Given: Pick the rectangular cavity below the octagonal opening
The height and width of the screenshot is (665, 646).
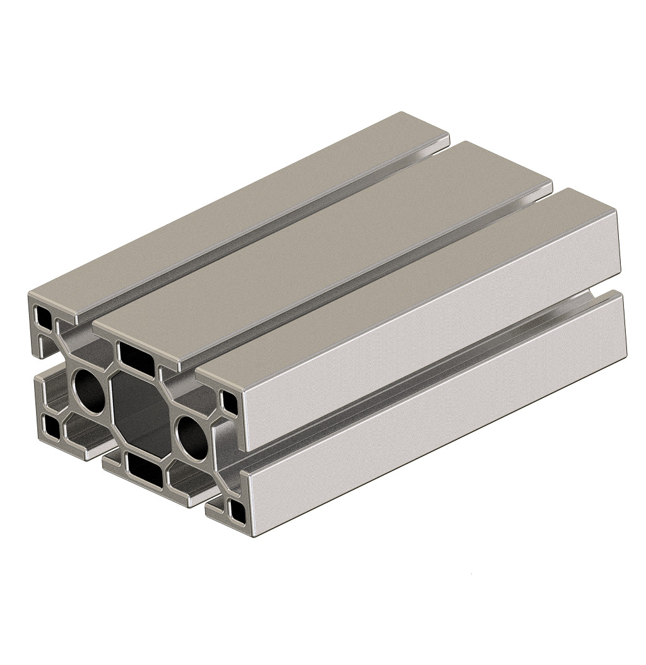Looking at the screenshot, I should click(144, 467).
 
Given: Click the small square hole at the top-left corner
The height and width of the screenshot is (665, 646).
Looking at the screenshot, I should click(42, 314).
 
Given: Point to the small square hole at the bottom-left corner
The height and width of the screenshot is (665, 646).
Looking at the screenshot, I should click(51, 426).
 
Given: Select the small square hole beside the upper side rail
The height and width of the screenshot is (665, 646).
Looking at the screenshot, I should click(230, 399).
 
